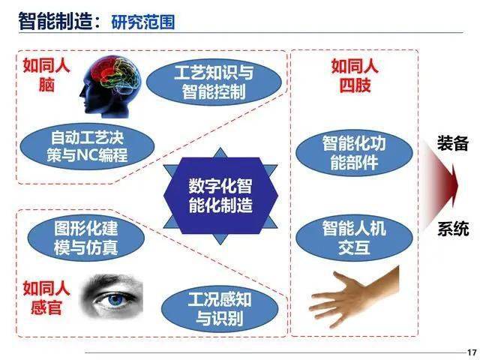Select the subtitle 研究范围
(x=143, y=22)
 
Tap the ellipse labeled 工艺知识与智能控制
(x=214, y=82)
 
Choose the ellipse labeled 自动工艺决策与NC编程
(x=87, y=147)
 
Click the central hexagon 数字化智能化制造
(x=220, y=196)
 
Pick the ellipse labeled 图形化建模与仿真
(x=86, y=238)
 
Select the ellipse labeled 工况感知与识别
(x=220, y=308)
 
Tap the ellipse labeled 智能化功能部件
(x=354, y=153)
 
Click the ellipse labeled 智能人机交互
(x=354, y=238)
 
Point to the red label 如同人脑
(x=46, y=75)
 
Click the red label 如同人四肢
(x=355, y=76)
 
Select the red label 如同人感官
(x=46, y=298)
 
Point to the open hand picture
(x=354, y=297)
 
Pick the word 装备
(x=453, y=143)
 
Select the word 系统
(x=453, y=229)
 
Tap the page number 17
(x=472, y=352)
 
